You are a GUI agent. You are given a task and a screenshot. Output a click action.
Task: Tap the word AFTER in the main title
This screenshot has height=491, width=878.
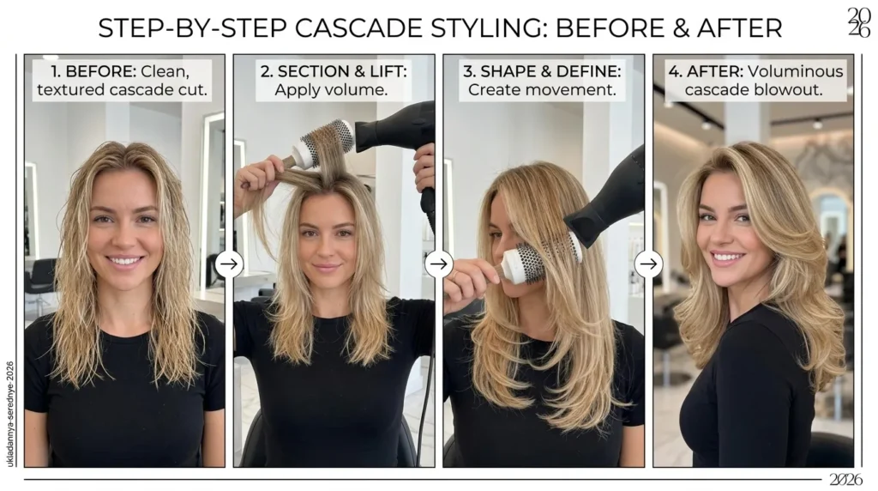[739, 28]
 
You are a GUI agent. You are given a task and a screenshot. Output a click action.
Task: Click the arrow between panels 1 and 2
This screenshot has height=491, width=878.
[229, 264]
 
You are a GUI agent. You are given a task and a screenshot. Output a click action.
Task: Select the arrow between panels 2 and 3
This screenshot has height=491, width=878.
[439, 264]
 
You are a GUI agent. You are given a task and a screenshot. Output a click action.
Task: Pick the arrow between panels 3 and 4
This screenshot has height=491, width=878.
[648, 264]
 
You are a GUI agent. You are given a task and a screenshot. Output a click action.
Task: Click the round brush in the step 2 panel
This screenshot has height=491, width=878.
[322, 144]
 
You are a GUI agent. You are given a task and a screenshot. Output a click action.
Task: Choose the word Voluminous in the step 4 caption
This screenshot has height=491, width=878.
[795, 72]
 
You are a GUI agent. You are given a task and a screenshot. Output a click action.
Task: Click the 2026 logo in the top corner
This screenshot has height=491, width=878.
[859, 23]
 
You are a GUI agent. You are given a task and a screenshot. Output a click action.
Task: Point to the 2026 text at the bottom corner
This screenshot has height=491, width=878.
[845, 480]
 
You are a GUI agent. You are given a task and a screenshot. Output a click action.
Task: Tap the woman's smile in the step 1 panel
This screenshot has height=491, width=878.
[124, 261]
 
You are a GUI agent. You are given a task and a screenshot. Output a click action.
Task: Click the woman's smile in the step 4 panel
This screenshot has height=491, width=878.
[727, 258]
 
